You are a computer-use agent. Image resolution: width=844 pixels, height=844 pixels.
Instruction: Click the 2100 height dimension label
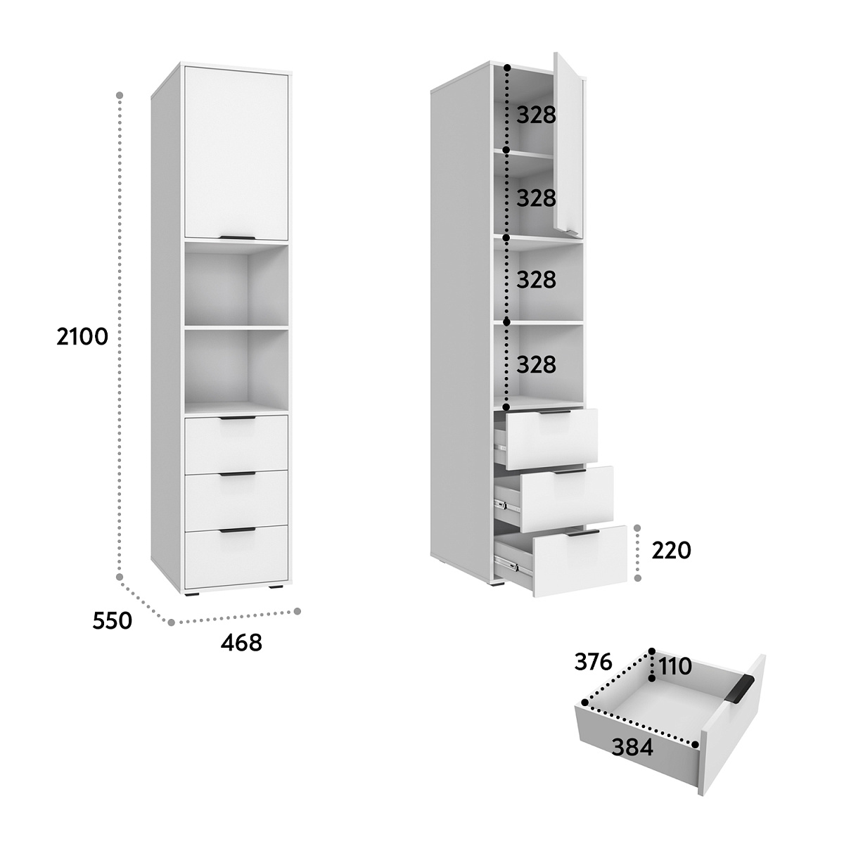point(82,338)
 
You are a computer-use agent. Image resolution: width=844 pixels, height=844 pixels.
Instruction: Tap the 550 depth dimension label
point(112,620)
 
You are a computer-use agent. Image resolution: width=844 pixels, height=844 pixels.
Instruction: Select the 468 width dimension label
point(241,643)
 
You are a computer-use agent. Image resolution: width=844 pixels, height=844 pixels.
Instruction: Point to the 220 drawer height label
point(671,551)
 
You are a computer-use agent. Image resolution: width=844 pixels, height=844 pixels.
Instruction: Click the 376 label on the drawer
point(593,662)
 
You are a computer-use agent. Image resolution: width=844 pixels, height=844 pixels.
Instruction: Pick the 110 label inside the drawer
point(675,667)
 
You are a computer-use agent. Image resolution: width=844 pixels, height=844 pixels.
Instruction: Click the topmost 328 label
point(536,115)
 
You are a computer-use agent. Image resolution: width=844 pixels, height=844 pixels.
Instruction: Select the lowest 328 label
point(536,364)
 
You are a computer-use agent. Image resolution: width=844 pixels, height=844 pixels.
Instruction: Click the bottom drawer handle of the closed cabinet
point(237,530)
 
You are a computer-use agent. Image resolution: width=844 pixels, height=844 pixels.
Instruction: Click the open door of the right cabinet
point(568,145)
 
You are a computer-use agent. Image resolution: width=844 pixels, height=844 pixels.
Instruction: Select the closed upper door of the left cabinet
point(236,153)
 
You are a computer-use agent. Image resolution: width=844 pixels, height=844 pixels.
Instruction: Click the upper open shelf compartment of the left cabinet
point(236,284)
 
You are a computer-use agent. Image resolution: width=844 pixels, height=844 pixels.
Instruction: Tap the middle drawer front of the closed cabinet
point(236,500)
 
